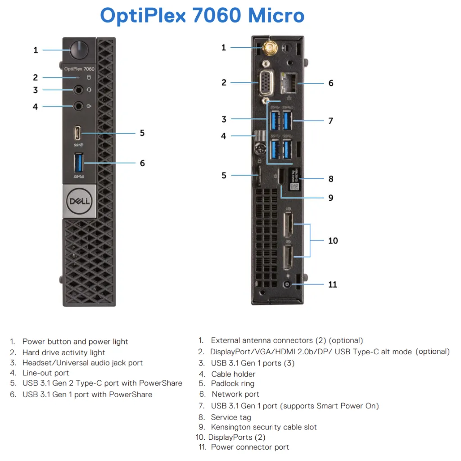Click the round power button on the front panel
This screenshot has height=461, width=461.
[x=79, y=50]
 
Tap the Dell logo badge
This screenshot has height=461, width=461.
[x=79, y=201]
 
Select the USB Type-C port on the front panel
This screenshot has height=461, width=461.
[x=77, y=133]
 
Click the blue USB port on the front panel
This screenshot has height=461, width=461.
[x=78, y=163]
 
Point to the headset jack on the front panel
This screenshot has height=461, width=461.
[x=78, y=90]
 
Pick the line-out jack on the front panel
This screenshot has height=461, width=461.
[x=78, y=106]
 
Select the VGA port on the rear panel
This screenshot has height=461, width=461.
[x=266, y=83]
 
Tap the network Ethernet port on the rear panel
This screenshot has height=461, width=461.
[x=289, y=83]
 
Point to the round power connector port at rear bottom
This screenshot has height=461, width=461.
[x=287, y=285]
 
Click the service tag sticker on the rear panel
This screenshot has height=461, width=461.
[x=294, y=179]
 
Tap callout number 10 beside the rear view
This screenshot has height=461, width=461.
[x=333, y=241]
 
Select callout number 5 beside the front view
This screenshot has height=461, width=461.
[x=142, y=133]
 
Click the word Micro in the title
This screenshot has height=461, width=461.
[x=276, y=15]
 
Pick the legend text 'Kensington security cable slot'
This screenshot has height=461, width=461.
[x=264, y=427]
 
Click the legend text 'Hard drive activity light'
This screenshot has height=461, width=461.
[x=64, y=353]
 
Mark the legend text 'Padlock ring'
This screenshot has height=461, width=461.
[x=233, y=384]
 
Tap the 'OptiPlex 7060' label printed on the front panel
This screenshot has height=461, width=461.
[x=79, y=69]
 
